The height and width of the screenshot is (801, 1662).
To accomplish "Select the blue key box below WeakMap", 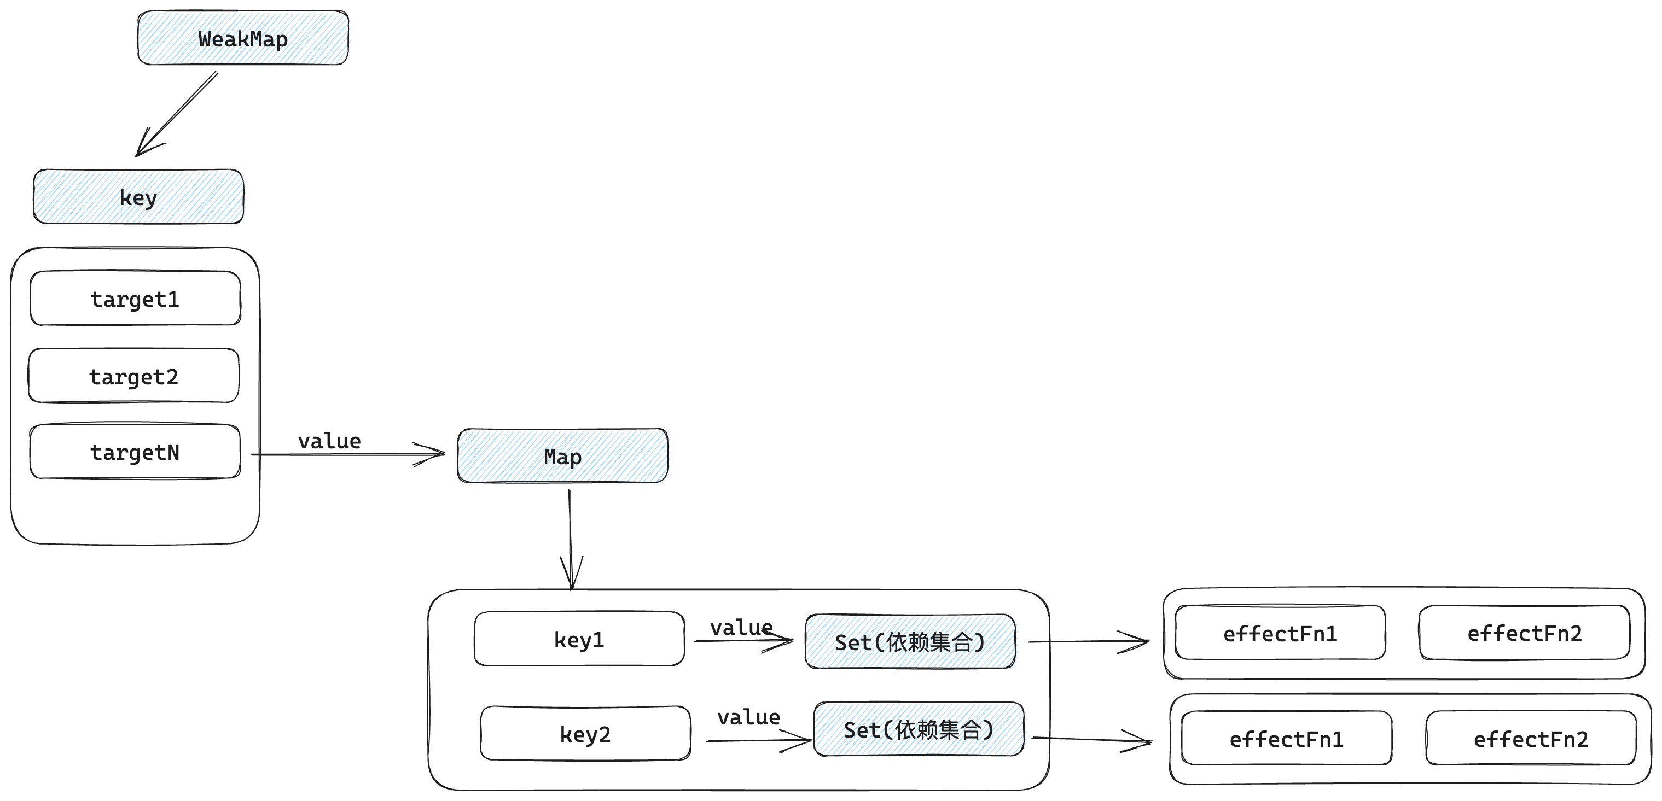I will (x=138, y=197).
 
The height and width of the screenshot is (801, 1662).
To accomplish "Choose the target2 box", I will (x=133, y=376).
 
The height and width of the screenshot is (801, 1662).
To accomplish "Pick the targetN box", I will (x=135, y=452).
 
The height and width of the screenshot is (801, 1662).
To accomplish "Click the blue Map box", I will (x=562, y=456).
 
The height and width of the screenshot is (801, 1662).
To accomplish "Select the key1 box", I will (x=579, y=639).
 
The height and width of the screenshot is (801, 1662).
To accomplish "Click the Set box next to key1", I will (x=910, y=642).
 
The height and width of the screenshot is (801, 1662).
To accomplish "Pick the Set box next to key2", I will (x=918, y=729).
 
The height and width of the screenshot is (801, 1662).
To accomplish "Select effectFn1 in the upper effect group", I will (x=1280, y=633).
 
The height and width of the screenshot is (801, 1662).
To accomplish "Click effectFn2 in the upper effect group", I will (x=1524, y=633).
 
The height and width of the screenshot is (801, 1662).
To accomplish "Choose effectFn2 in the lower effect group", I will (x=1530, y=739).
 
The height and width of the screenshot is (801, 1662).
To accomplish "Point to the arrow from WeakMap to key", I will (x=177, y=113).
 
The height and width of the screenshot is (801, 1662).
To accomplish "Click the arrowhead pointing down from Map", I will (x=571, y=574).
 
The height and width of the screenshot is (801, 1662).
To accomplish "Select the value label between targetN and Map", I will (x=329, y=441).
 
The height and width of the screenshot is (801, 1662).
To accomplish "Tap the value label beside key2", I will (x=748, y=717).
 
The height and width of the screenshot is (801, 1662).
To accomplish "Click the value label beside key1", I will (x=741, y=628).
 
